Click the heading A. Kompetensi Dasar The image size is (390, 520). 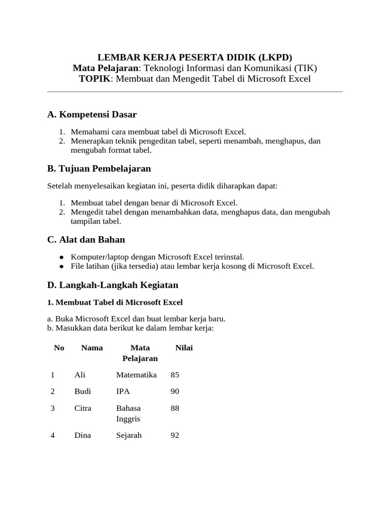tap(92, 115)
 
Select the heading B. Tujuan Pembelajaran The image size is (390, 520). tap(99, 168)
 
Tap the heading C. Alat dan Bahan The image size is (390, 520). tap(86, 239)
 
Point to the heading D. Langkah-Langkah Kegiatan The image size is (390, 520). tap(113, 285)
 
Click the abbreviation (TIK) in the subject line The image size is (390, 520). tap(303, 68)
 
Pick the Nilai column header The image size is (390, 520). tap(184, 348)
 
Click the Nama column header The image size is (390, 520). tap(92, 348)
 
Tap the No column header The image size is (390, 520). tap(59, 348)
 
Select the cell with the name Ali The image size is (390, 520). tap(80, 375)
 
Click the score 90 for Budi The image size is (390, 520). tap(175, 392)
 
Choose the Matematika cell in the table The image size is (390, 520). tap(136, 375)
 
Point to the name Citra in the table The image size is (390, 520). tap(82, 408)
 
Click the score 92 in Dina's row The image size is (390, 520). tap(175, 435)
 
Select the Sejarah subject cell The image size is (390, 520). tap(129, 435)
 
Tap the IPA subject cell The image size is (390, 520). tap(123, 392)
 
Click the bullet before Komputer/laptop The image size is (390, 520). tap(61, 257)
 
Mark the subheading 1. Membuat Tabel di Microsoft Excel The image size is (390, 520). tap(115, 302)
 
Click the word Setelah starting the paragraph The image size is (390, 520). tap(60, 186)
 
